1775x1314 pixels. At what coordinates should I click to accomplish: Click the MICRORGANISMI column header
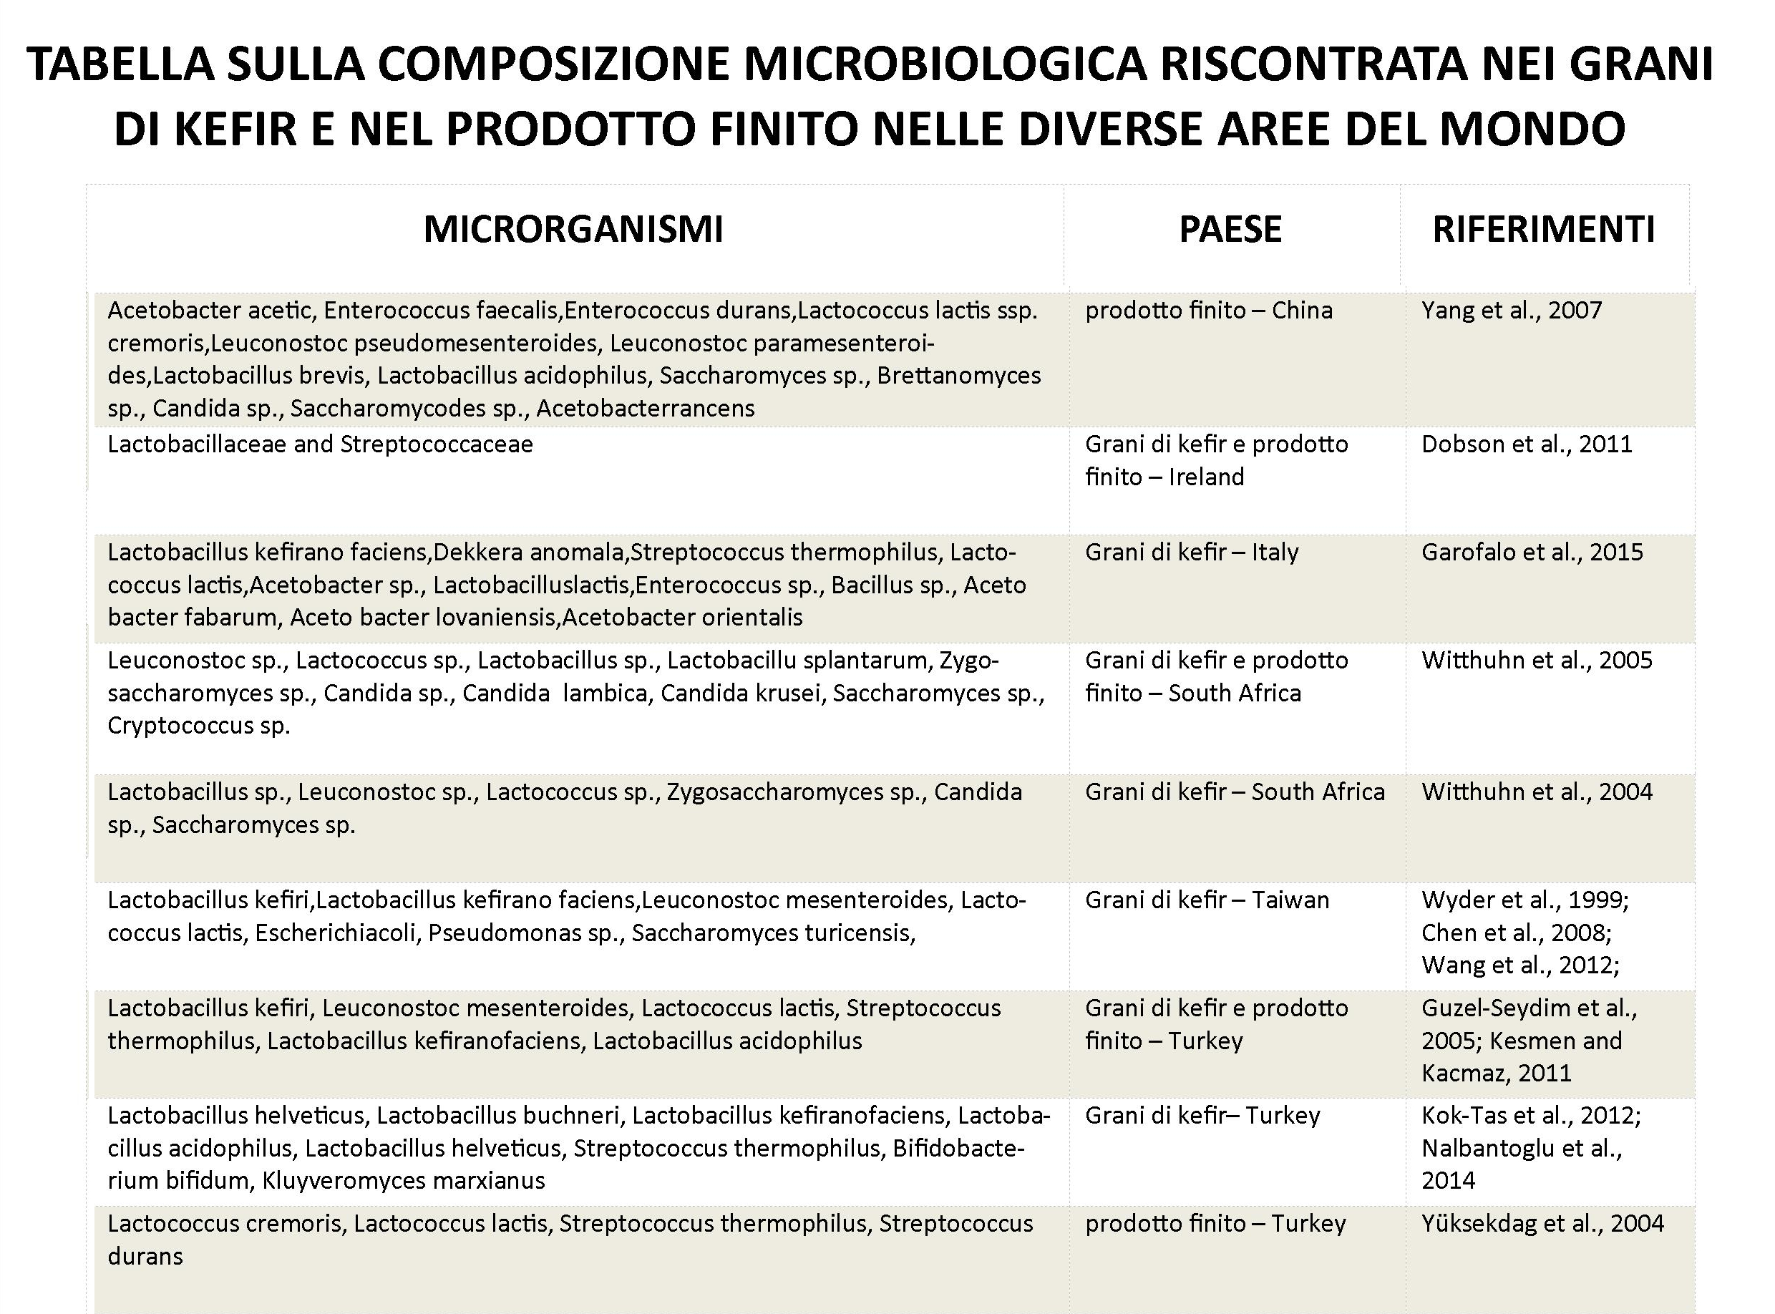point(573,230)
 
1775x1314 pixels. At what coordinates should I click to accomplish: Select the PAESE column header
point(1230,230)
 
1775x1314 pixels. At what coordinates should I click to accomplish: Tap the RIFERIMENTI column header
point(1544,230)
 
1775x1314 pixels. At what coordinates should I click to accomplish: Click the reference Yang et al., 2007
point(1511,310)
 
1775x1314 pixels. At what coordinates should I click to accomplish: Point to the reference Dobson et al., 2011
point(1526,444)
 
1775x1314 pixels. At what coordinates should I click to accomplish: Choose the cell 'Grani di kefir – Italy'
point(1191,552)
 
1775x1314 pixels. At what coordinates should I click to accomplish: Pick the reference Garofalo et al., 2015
point(1532,552)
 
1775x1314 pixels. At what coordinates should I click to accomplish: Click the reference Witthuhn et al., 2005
point(1537,660)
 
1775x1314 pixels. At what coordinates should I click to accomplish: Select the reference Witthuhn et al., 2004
point(1537,792)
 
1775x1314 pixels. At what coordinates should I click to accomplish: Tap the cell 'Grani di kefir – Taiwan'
point(1207,900)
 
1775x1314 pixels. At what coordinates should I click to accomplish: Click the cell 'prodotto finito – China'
point(1208,310)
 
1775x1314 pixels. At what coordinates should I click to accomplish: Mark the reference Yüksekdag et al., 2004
point(1542,1223)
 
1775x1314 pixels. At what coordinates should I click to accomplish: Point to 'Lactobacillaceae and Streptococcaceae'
point(320,444)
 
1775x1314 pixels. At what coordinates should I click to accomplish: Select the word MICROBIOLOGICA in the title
point(943,64)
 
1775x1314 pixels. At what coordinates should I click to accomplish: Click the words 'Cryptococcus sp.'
point(199,726)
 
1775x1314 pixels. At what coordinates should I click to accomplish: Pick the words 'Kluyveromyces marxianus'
point(403,1180)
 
